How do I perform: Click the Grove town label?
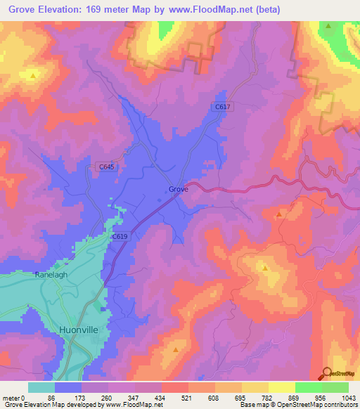coord(178,189)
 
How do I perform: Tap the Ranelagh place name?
coord(51,275)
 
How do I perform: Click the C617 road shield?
coord(223,106)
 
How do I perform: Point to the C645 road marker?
coord(106,167)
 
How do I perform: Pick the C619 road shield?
coord(120,238)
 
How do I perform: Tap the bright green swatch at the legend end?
coord(335,387)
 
